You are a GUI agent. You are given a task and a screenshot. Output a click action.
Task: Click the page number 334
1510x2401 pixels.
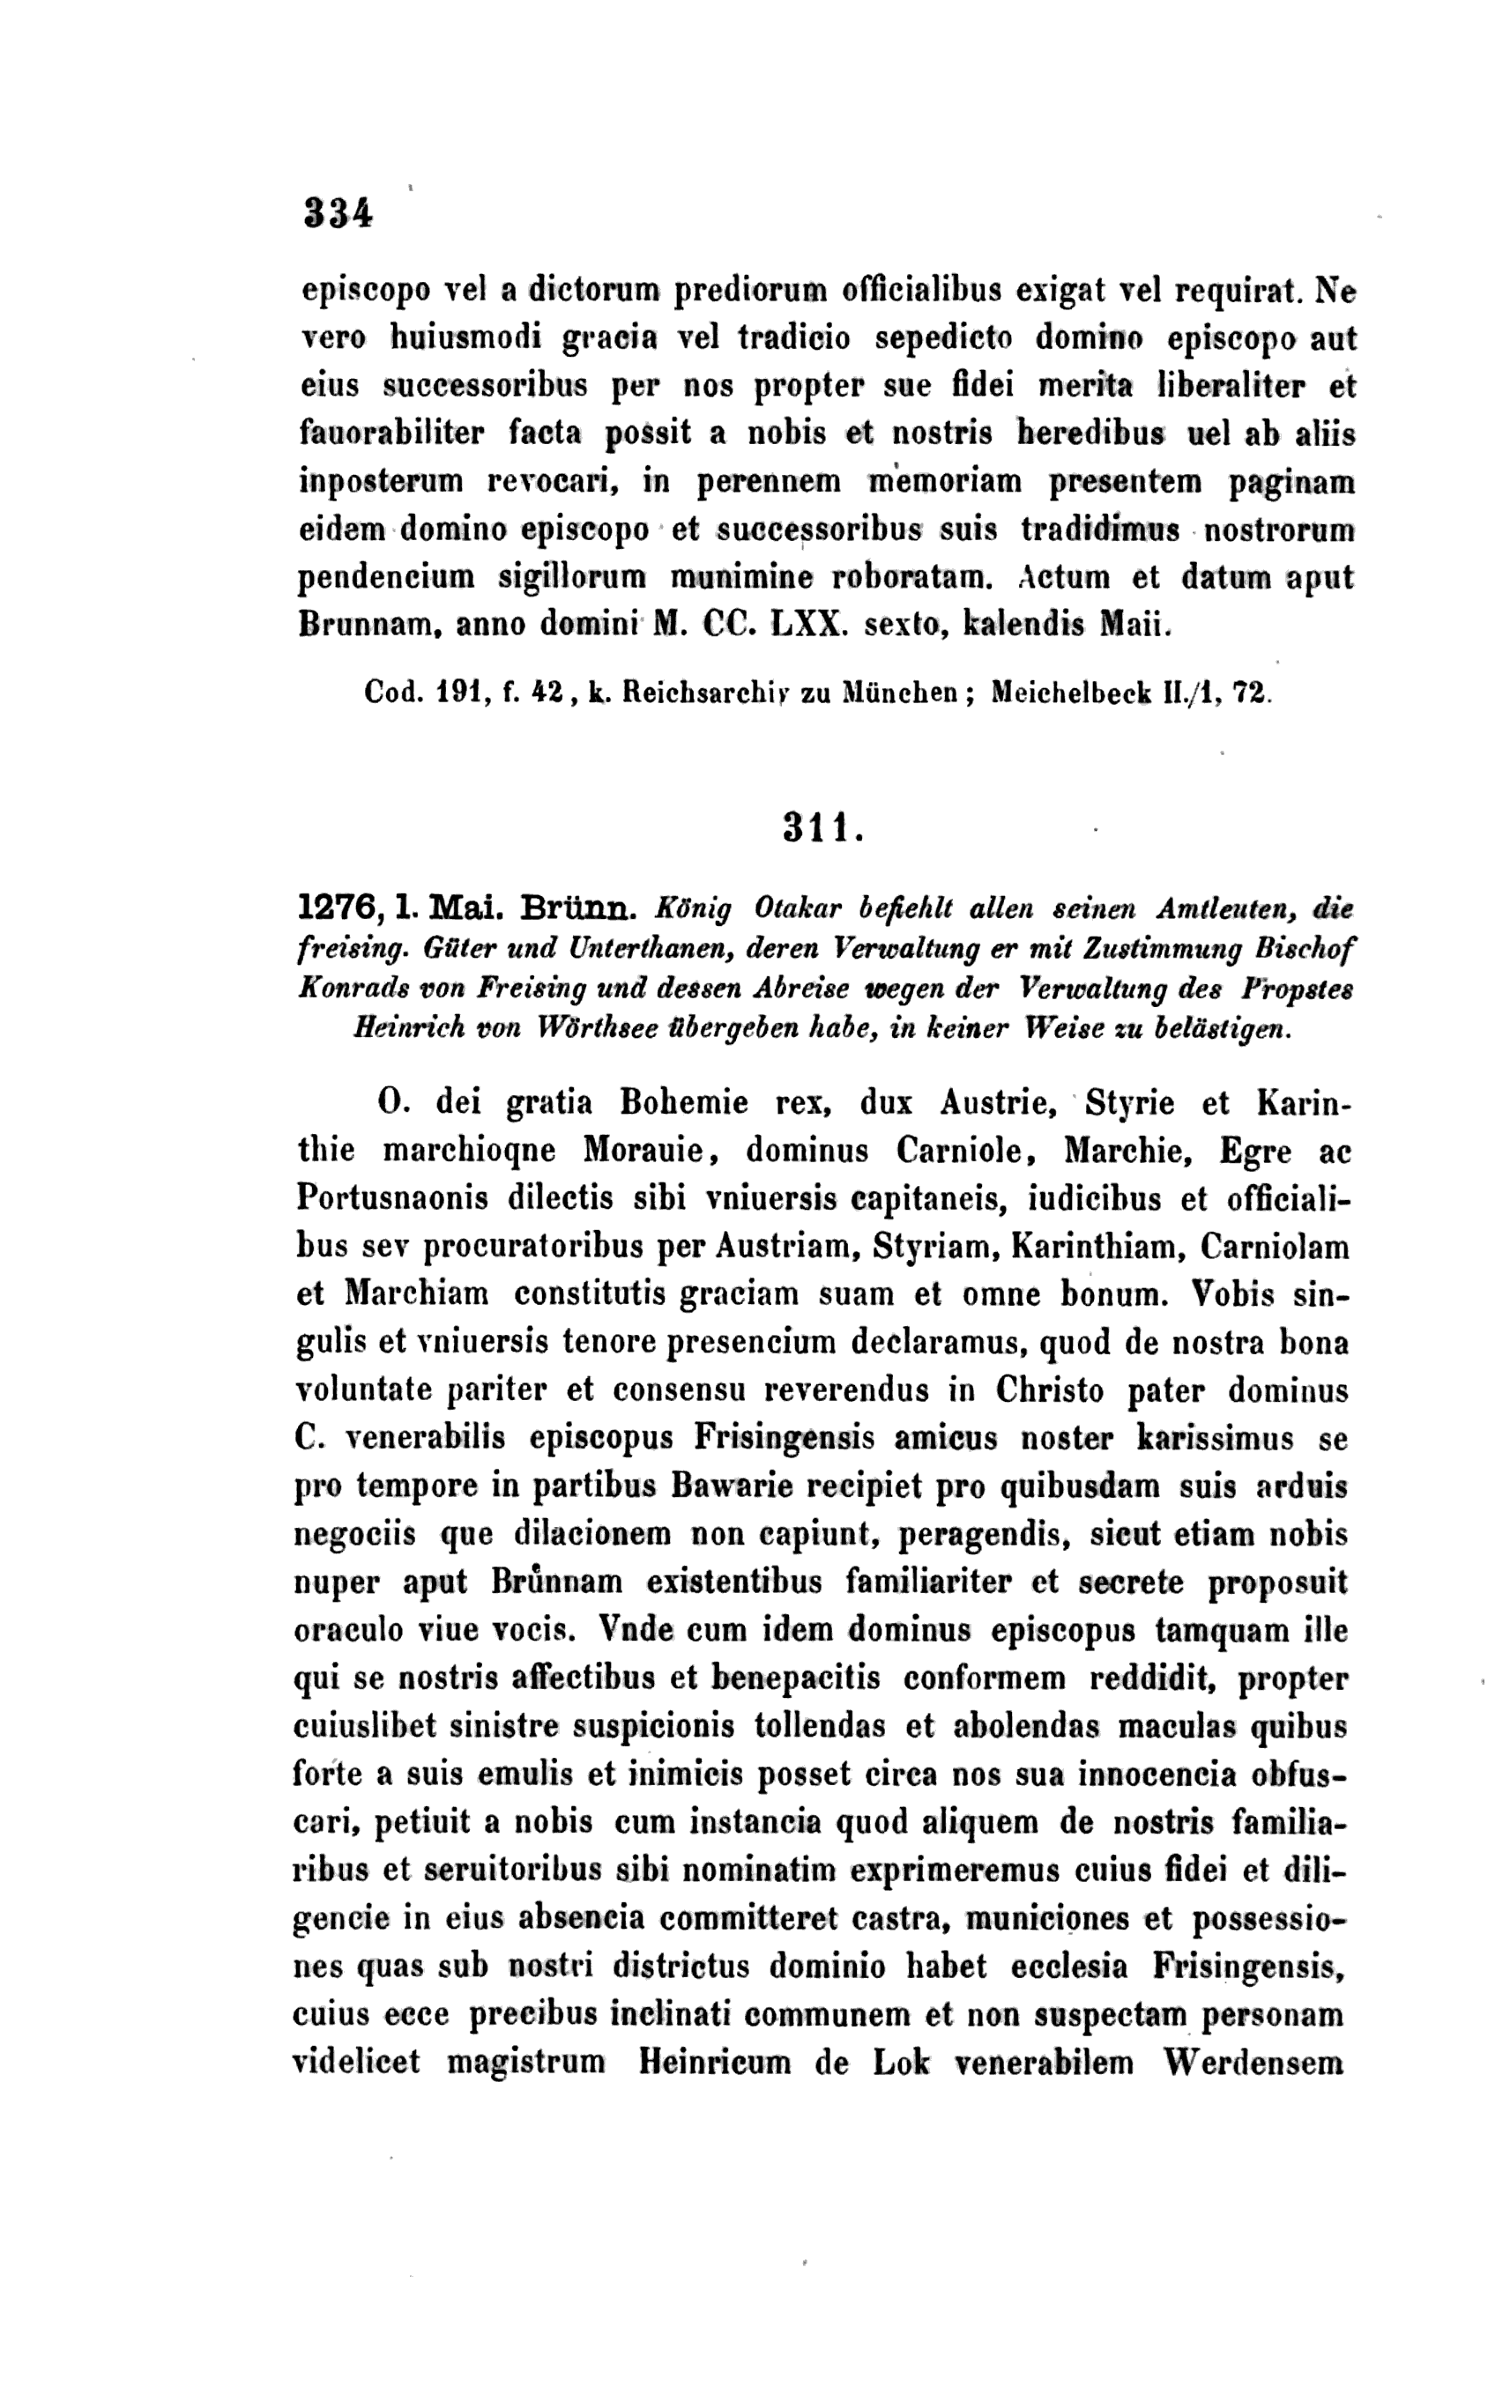[338, 213]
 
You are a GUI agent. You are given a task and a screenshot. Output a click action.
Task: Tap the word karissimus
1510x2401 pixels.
[1215, 1439]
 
